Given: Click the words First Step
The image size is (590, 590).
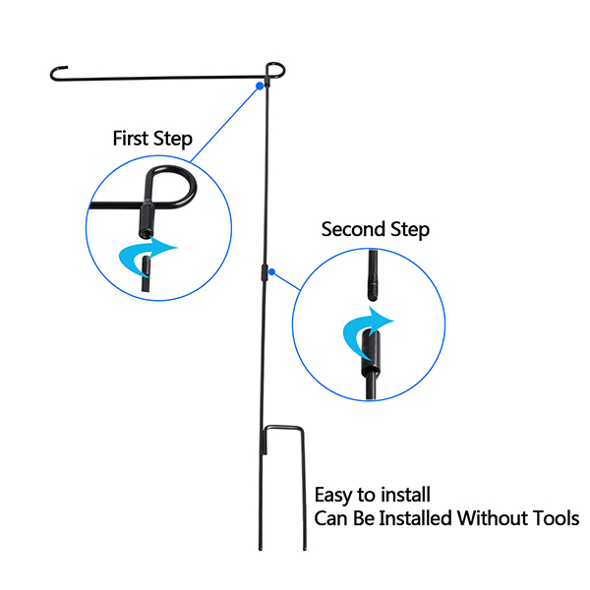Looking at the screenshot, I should (151, 138).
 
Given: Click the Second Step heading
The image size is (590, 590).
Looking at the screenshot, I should (375, 230).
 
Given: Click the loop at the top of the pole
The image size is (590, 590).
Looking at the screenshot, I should (274, 69).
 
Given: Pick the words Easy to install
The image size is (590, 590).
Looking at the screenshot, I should (372, 494).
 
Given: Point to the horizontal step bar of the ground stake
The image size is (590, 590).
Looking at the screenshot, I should (286, 428).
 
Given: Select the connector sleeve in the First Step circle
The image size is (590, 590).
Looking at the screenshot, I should (147, 215).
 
